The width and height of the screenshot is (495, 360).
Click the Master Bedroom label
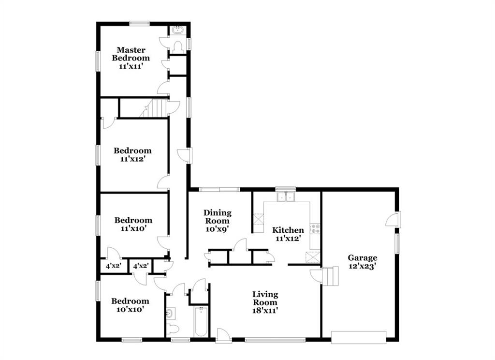131,54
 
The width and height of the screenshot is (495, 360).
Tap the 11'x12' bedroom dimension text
132,159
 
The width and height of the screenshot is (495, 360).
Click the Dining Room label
217,217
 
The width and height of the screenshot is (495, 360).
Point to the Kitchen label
288,230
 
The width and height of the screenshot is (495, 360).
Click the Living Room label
265,298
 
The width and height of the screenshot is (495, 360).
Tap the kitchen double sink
285,197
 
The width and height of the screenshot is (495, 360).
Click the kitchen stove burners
315,228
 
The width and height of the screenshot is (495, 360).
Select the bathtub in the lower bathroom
201,321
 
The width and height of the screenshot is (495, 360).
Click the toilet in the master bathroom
178,47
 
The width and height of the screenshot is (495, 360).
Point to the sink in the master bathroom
178,30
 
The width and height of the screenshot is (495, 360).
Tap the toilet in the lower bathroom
173,329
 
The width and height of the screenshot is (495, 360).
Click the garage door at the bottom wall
359,337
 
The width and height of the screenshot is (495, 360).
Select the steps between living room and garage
330,276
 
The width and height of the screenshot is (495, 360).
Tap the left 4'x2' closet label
113,266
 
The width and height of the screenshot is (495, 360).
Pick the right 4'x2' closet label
141,266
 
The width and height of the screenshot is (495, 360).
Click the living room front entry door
223,336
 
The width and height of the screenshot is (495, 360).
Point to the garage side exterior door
393,219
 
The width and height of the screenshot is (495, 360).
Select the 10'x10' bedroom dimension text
130,309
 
